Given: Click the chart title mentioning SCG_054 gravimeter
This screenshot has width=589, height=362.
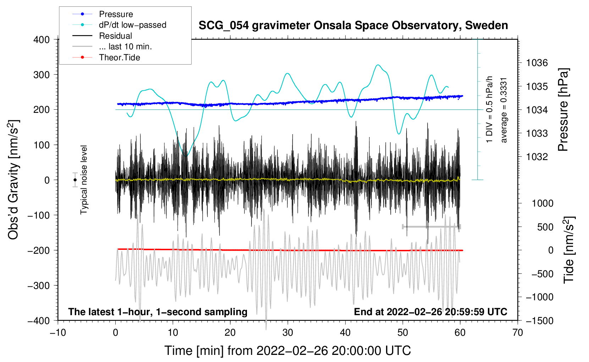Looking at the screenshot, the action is coord(353,25).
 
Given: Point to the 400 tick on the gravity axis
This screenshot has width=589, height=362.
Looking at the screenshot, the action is coord(42,40).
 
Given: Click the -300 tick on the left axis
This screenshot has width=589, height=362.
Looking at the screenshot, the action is coord(39,285).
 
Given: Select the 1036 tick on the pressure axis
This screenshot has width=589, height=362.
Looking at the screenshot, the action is coord(537,63).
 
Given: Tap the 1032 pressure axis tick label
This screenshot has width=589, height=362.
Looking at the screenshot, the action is coord(537,157).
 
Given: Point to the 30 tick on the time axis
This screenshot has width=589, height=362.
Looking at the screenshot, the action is coord(288,333).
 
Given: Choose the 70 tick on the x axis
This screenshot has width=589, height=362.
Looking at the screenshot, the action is coord(518,333).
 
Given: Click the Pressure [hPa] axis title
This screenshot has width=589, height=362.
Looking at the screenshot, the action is coord(563,110).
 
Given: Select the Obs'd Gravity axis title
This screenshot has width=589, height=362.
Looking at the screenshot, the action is coord(13,180).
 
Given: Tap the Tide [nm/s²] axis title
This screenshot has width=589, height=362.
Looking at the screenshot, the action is coord(569,250).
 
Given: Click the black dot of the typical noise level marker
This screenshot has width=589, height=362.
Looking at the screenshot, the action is coord(75,180).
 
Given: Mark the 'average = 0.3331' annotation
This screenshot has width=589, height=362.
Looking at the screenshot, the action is coord(503,110).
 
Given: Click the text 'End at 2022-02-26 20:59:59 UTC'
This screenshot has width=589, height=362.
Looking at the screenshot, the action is coord(430,312).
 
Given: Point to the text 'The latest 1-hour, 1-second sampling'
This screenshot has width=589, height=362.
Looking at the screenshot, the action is coord(158,312).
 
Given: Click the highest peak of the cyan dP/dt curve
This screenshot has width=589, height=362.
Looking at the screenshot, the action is coord(378,65).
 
